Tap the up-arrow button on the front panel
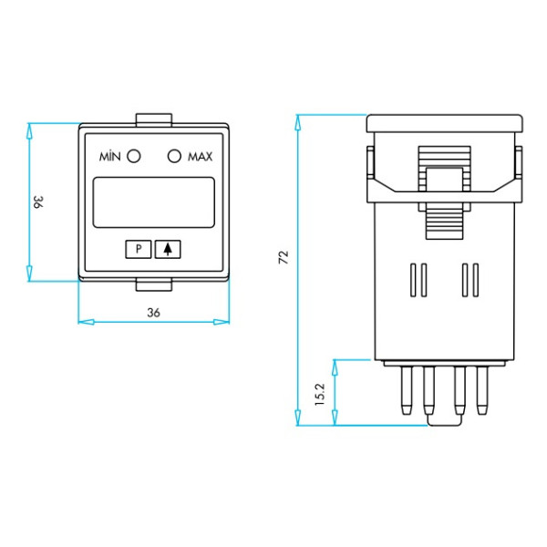168,248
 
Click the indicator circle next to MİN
134,156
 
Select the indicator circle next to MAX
175,156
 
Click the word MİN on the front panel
110,157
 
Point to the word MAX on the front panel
200,157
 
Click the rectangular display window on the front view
153,201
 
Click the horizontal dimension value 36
153,312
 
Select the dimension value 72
284,257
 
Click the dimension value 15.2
320,393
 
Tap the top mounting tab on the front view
153,119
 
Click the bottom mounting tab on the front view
153,286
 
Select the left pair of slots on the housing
418,280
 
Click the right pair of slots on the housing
470,280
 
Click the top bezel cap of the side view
444,122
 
